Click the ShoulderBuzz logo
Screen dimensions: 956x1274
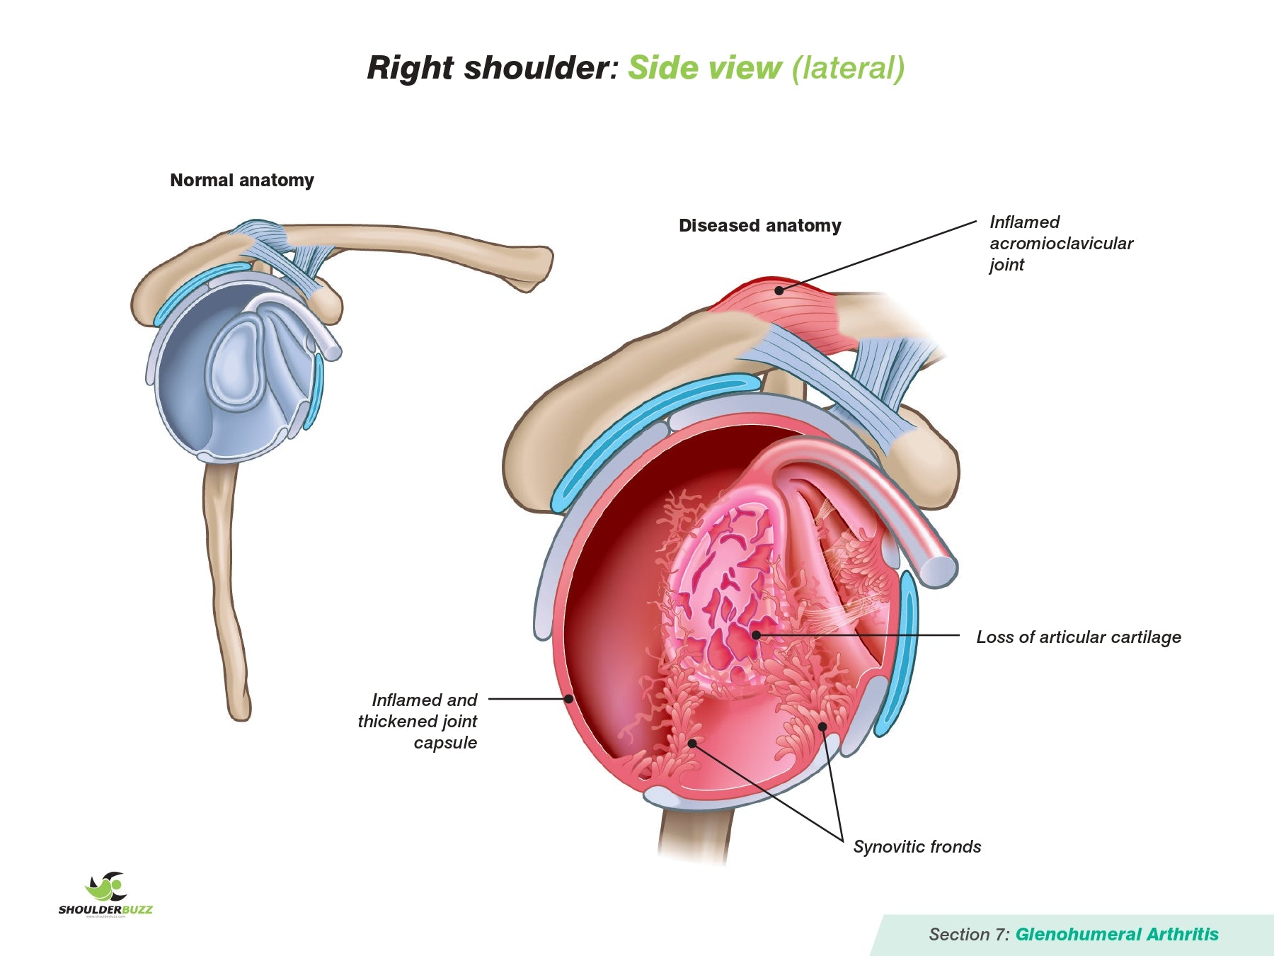click(106, 894)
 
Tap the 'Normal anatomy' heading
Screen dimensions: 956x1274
click(242, 181)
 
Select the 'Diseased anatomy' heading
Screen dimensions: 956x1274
click(759, 226)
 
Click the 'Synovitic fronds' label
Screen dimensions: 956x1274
click(917, 847)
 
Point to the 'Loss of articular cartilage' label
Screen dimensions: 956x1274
click(1078, 637)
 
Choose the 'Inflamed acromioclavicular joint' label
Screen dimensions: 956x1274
click(1060, 243)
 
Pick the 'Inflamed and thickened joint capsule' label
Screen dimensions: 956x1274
click(418, 721)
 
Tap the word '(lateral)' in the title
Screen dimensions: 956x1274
click(847, 68)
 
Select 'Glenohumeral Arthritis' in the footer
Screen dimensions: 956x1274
click(1117, 935)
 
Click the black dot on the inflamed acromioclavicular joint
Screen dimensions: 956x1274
click(779, 290)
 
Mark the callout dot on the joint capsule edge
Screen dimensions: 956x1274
click(568, 699)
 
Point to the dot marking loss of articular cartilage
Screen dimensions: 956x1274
click(756, 635)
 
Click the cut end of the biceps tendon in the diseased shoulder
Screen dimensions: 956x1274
click(939, 571)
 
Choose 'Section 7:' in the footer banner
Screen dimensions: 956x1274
click(969, 935)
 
